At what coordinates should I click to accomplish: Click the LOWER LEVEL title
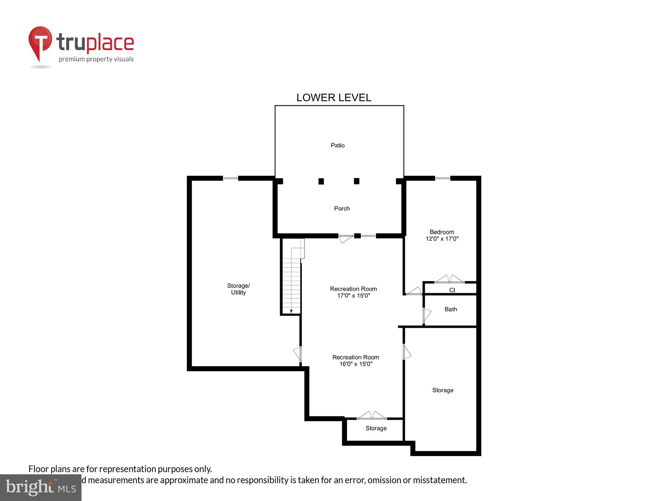pos(334,98)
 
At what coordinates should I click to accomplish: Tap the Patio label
pos(337,145)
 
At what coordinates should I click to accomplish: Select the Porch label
pos(342,208)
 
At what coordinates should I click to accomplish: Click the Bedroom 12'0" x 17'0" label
pos(442,235)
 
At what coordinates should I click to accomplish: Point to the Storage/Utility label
pos(238,289)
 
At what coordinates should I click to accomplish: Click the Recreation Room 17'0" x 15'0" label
pos(353,292)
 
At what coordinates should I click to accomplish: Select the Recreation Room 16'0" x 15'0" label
pos(355,360)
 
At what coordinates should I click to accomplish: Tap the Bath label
pos(451,309)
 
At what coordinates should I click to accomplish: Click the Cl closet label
pos(452,290)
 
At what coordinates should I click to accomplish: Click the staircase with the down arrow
pos(292,284)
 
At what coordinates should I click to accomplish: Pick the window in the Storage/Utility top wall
pos(230,178)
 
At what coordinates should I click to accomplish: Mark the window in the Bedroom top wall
pos(443,178)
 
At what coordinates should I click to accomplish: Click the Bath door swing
pos(427,315)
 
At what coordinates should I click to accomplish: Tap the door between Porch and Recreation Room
pos(346,238)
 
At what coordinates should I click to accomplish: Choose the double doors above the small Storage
pos(371,415)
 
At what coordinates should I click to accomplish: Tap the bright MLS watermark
pos(41,488)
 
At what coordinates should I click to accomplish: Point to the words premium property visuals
pos(96,59)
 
